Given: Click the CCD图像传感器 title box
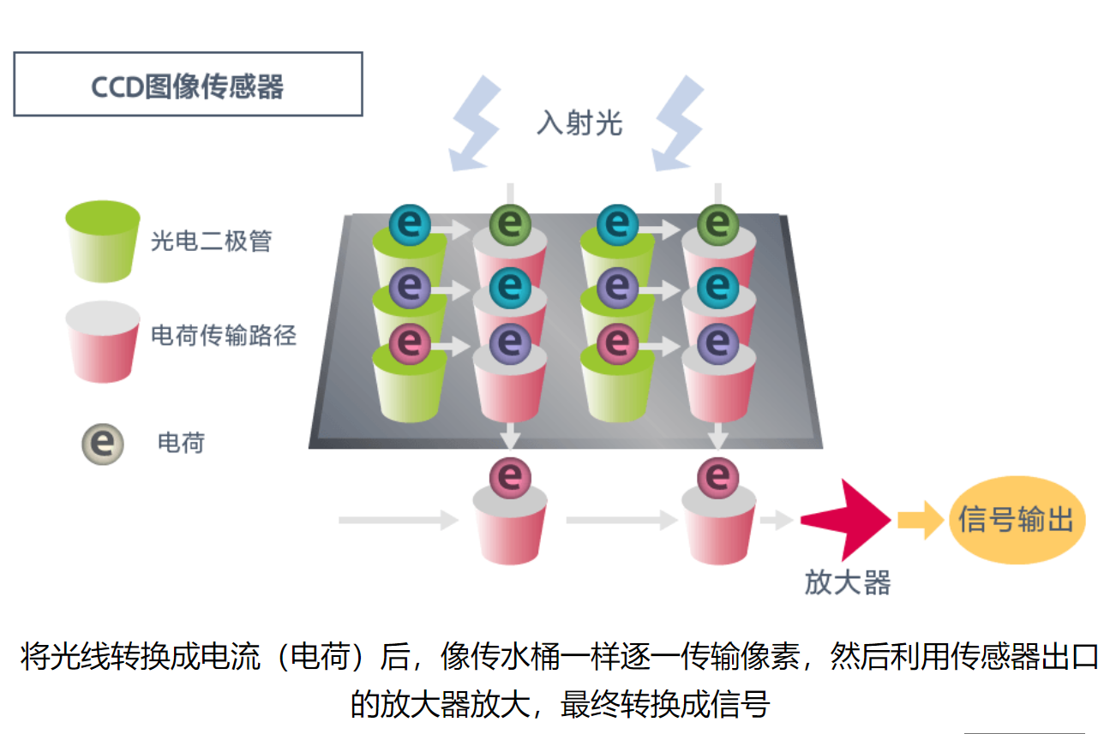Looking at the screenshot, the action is (x=188, y=84).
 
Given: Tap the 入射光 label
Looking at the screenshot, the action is (x=579, y=122).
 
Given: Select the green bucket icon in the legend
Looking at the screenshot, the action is (x=103, y=242).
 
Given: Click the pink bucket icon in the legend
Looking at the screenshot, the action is (x=103, y=342).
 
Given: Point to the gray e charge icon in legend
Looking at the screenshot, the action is (x=103, y=444).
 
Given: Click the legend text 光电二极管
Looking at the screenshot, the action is (x=211, y=242).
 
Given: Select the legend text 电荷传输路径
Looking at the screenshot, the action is (x=224, y=335).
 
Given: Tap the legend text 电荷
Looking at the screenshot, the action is (x=181, y=443).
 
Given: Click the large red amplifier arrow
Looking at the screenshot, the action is (x=846, y=520).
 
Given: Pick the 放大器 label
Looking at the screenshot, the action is (x=848, y=582).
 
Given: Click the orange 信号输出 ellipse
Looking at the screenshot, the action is (x=1017, y=520).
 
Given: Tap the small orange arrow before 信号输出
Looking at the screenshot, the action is (x=921, y=520).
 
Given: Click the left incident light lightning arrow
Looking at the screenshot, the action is (x=474, y=124).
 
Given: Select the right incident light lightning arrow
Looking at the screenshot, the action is (x=678, y=124).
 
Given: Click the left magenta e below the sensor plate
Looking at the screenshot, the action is (x=510, y=478).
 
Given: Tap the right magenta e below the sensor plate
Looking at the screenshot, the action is (x=718, y=478).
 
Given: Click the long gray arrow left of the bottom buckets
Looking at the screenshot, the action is (x=399, y=520).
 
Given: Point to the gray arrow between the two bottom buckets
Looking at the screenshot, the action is (x=622, y=520).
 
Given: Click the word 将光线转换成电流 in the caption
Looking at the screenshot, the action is (x=141, y=657).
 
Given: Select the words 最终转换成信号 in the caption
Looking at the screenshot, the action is (x=665, y=704).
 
